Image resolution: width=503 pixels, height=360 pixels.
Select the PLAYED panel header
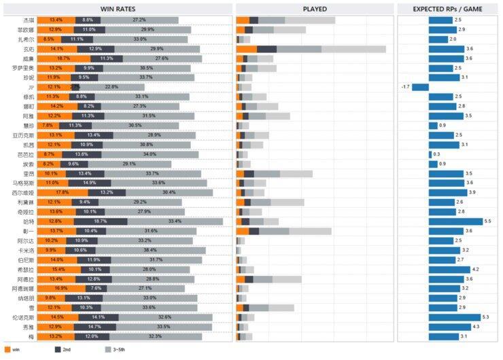pyautogui.click(x=315, y=9)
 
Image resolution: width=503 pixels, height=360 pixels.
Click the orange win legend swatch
pyautogui.click(x=7, y=349)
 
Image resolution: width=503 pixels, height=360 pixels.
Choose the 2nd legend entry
pyautogui.click(x=63, y=349)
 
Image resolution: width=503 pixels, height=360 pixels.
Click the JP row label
pyautogui.click(x=31, y=88)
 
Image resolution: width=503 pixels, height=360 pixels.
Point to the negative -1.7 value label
pyautogui.click(x=405, y=88)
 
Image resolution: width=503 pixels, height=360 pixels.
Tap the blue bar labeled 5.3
pyautogui.click(x=455, y=317)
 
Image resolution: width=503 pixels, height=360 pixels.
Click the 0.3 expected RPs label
pyautogui.click(x=436, y=154)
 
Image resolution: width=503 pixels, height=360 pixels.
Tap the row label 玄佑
pyautogui.click(x=29, y=49)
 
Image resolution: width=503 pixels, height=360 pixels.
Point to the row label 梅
pyautogui.click(x=31, y=336)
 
